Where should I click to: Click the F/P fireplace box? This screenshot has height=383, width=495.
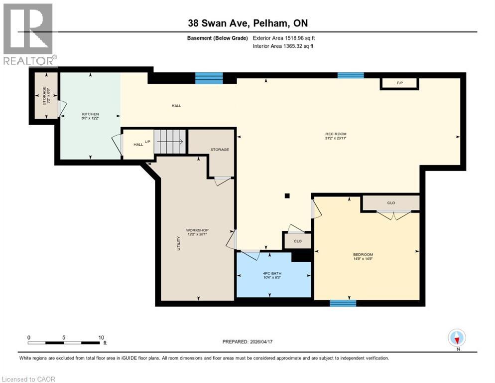pyautogui.click(x=399, y=83)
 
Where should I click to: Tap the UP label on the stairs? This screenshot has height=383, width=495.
pyautogui.click(x=147, y=142)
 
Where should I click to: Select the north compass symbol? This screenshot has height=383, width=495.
pyautogui.click(x=457, y=338)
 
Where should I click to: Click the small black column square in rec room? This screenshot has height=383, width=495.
pyautogui.click(x=287, y=196)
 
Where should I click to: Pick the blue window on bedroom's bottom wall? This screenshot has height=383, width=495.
pyautogui.click(x=343, y=303)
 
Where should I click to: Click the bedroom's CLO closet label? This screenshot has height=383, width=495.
pyautogui.click(x=391, y=203)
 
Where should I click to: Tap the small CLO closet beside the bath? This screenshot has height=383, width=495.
pyautogui.click(x=297, y=241)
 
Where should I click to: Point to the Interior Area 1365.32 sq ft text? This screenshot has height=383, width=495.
pyautogui.click(x=283, y=46)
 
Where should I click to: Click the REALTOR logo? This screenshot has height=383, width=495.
pyautogui.click(x=29, y=35)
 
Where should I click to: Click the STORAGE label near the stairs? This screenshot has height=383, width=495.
pyautogui.click(x=219, y=149)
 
